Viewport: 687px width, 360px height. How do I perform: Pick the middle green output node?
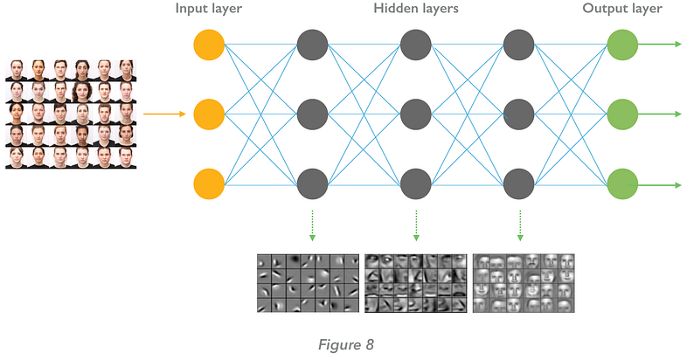pos(621,114)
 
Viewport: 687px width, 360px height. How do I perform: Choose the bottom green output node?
pos(621,184)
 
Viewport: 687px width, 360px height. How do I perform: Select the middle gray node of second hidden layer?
pos(416,114)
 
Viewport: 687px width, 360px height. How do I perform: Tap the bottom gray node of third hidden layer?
pos(519,184)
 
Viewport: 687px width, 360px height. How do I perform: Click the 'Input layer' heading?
pos(210,9)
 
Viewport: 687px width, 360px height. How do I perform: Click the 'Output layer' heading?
pos(621,9)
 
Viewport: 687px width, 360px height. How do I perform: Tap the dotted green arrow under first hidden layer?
pos(313,225)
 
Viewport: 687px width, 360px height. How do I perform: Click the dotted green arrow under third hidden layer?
pos(519,225)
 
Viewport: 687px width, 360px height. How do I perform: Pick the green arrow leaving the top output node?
pos(660,44)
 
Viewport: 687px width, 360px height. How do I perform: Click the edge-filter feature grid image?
pos(309,282)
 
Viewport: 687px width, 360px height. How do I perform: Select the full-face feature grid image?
pos(524,282)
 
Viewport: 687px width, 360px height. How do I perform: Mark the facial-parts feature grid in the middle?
pos(416,282)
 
